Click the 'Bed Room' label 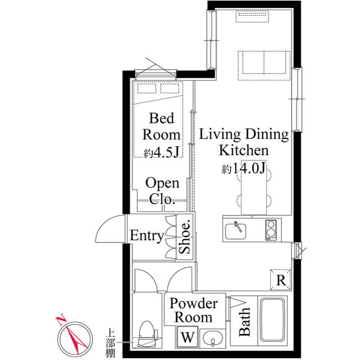[x=162, y=127]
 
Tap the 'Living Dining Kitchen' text [x=244, y=142]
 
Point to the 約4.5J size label [x=162, y=152]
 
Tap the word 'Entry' [x=146, y=236]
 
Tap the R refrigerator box [x=280, y=278]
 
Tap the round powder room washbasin [x=212, y=340]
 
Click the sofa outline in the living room [x=264, y=62]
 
